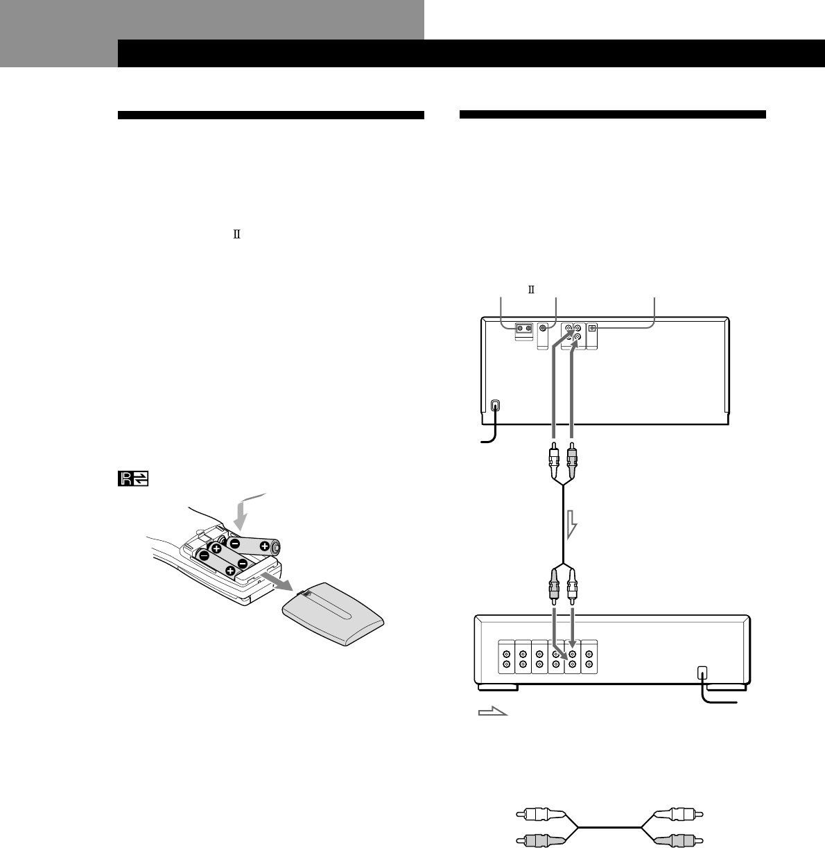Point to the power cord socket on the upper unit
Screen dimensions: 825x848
(494, 406)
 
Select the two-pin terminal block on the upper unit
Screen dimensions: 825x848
(523, 329)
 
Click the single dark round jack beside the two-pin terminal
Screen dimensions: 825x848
(545, 328)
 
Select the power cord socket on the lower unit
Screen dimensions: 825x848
(702, 673)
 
